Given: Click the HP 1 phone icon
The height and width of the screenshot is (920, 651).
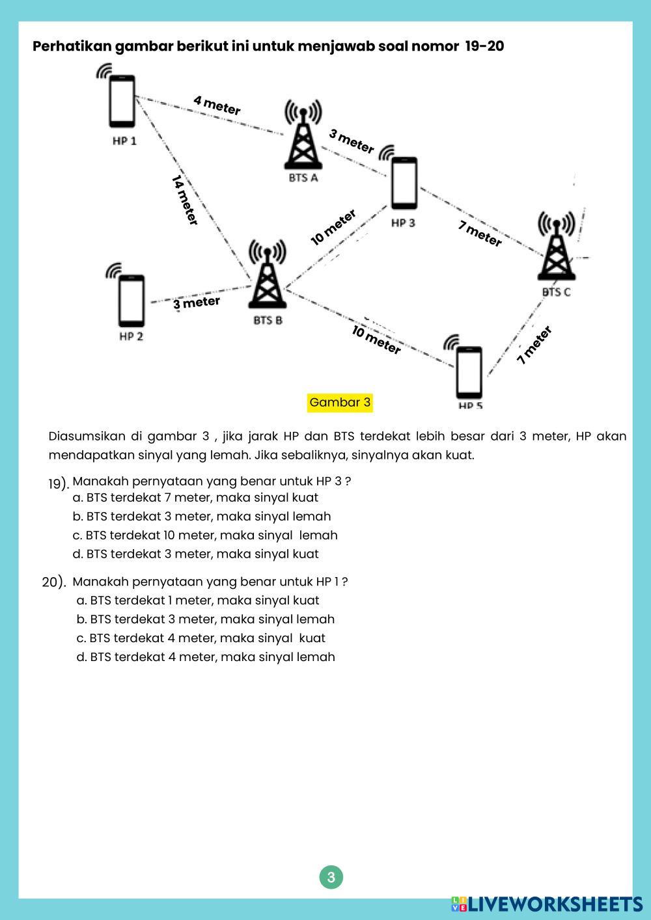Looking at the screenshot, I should click(x=122, y=101).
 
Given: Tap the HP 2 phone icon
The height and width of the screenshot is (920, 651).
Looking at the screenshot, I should click(x=132, y=301).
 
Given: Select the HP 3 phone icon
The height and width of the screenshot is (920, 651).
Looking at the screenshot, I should click(x=404, y=183).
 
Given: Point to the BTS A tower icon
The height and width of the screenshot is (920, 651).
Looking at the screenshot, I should click(x=303, y=142).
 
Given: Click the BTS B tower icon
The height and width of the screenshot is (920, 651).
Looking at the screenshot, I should click(x=267, y=280).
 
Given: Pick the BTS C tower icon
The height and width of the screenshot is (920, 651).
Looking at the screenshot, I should click(x=556, y=252).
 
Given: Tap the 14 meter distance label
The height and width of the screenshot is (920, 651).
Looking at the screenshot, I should click(x=185, y=200).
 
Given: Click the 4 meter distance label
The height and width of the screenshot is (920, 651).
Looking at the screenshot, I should click(x=217, y=105).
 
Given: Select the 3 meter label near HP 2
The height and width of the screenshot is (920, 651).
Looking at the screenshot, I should click(x=197, y=303).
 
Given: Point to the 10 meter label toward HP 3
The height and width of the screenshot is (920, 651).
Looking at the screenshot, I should click(x=333, y=228).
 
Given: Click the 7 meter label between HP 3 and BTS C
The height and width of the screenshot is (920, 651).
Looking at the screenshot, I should click(x=480, y=234).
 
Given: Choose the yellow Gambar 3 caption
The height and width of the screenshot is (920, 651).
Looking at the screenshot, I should click(x=340, y=403).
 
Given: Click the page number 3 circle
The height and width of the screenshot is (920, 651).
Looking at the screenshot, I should click(x=331, y=877).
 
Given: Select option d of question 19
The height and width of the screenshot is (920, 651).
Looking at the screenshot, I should click(x=195, y=554).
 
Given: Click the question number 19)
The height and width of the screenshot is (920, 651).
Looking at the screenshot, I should click(x=58, y=483).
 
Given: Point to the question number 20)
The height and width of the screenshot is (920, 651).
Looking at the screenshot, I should click(x=54, y=582).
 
